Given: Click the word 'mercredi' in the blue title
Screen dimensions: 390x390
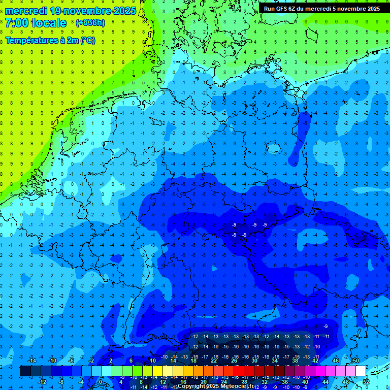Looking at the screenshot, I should tap(26, 11).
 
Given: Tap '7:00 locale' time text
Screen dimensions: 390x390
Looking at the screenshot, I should tap(36, 23).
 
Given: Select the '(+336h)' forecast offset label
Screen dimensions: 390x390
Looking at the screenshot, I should tap(90, 23).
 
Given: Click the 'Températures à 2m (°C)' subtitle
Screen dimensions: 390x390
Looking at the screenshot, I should tap(50, 41).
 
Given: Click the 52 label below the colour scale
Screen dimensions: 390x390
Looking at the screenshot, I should tap(366, 382).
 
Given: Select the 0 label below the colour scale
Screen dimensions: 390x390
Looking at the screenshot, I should tap(101, 382).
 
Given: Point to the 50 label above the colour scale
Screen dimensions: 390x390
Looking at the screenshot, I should tap(355, 361).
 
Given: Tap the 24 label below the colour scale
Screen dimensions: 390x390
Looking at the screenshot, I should tap(224, 382).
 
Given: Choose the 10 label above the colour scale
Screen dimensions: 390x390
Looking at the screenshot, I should tap(152, 361).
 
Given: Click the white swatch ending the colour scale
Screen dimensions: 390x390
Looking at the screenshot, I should tap(361, 371).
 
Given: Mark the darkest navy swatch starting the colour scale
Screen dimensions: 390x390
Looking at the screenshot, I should tap(25, 371).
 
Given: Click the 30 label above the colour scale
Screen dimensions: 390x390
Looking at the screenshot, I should tap(254, 361).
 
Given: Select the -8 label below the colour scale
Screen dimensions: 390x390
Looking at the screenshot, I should tap(61, 382).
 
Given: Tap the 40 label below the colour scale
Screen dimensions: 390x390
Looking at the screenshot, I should tap(305, 382).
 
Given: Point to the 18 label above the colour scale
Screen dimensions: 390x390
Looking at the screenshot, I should tap(193, 361).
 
